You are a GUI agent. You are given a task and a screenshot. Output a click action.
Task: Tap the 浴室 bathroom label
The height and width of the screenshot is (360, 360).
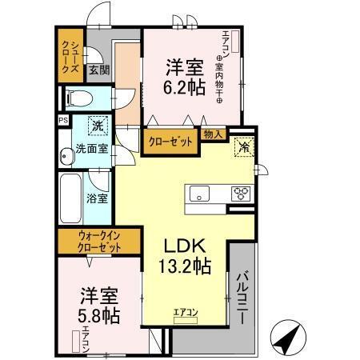98,198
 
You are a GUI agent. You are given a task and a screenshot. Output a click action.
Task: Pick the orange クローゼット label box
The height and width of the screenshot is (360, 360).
170,141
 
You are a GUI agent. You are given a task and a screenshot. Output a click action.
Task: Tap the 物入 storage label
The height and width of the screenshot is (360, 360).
214,134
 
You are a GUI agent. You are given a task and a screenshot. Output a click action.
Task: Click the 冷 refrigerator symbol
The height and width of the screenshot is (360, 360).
242,147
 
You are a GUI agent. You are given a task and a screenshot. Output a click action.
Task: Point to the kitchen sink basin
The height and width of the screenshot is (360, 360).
198,193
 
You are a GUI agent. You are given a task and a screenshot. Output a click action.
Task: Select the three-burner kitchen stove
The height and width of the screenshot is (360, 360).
240,193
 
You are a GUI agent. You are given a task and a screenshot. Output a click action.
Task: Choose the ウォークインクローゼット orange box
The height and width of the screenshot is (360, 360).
99,242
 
